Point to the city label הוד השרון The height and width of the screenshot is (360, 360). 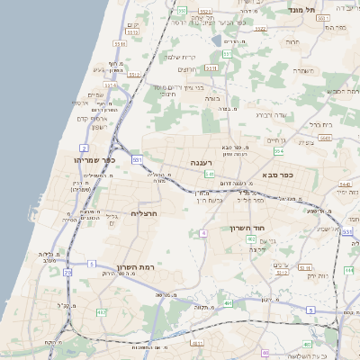tap(245, 229)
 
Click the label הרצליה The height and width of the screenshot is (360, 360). tap(145, 213)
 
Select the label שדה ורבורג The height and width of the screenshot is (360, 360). tap(270, 114)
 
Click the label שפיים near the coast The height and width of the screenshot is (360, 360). tap(95, 94)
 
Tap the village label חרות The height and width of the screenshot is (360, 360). tap(292, 41)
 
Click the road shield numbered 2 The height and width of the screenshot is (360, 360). tap(84, 147)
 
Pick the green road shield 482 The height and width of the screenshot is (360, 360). tap(101, 312)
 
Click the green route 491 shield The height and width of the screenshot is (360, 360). tap(229, 303)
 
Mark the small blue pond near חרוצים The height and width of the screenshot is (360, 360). tap(216, 40)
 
